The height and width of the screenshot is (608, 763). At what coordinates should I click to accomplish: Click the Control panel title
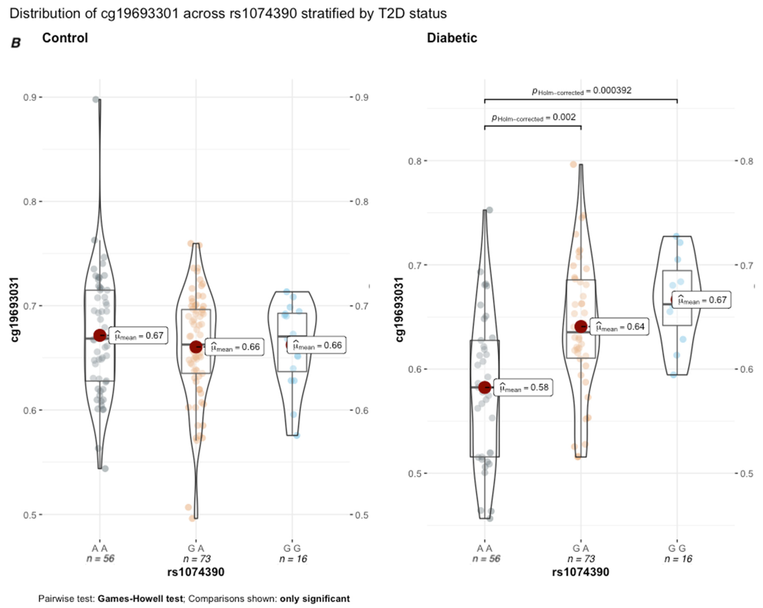[x=65, y=38]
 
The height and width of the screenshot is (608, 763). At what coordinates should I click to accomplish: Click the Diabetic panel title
[x=452, y=38]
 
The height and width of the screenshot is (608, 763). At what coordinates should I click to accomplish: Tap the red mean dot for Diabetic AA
[x=485, y=388]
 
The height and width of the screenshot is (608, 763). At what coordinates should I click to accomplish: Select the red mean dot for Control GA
[x=196, y=347]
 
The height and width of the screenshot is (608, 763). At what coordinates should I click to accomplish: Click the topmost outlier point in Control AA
[x=96, y=99]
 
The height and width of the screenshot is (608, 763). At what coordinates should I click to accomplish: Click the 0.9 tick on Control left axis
[x=30, y=97]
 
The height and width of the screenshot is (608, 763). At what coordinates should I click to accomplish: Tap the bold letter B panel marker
[x=16, y=43]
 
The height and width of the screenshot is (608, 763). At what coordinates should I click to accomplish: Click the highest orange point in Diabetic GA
[x=573, y=164]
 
